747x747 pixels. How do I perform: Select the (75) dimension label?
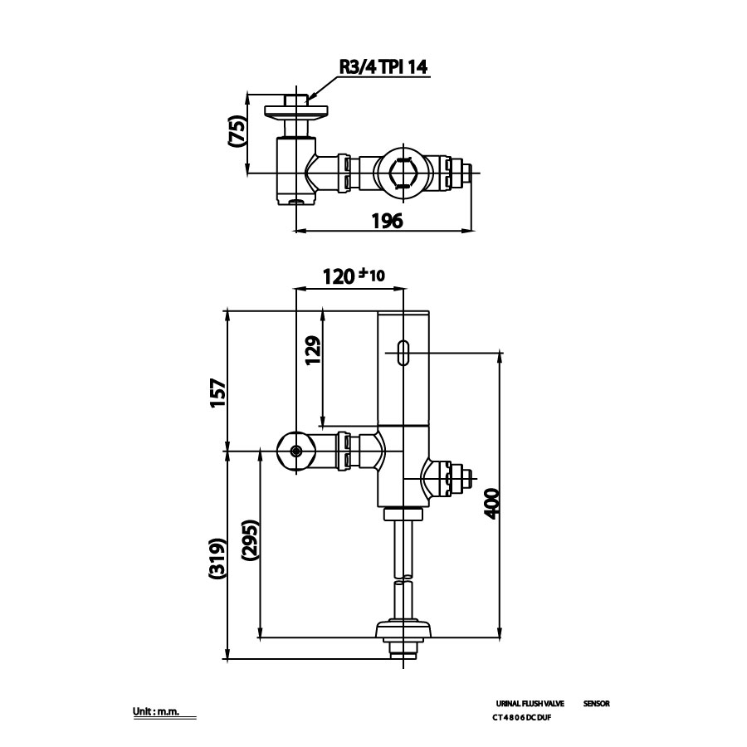tap(237, 133)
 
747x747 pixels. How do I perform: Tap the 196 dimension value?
tap(386, 221)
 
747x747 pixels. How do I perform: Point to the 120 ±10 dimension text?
tap(353, 276)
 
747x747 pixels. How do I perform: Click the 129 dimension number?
tap(311, 352)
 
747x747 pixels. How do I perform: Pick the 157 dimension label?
tap(217, 393)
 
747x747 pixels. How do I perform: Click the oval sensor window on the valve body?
tap(403, 353)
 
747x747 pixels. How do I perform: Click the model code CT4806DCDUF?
tap(521, 718)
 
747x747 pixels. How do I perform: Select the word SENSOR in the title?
tap(596, 703)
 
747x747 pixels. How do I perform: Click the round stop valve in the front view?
tap(295, 452)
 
